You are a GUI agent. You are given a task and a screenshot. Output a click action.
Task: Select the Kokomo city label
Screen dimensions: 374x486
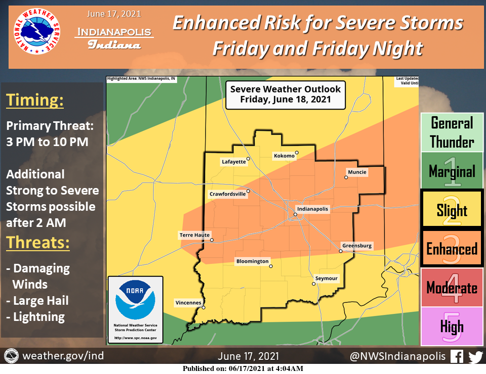[x=284, y=156]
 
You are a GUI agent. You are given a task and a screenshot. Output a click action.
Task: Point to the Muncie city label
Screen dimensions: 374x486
[x=357, y=172]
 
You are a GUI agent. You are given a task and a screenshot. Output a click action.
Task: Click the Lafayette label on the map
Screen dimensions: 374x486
[x=233, y=162]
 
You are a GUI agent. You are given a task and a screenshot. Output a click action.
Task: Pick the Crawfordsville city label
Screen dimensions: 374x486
[x=227, y=194]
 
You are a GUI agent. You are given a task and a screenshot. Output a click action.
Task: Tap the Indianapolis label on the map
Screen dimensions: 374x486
[x=312, y=209]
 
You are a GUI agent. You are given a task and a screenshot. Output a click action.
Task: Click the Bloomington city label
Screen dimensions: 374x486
[x=252, y=261]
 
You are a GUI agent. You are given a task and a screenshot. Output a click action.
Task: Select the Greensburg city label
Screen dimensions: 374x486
[x=357, y=246]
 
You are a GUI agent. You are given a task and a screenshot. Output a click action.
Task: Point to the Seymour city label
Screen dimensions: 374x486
[x=326, y=278]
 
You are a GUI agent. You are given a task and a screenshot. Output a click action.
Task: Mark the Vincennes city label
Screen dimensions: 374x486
[x=188, y=303]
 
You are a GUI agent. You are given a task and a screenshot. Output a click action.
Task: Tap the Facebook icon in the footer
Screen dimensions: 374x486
[x=457, y=356]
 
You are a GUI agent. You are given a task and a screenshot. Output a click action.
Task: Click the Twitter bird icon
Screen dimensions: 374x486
[x=475, y=356]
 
